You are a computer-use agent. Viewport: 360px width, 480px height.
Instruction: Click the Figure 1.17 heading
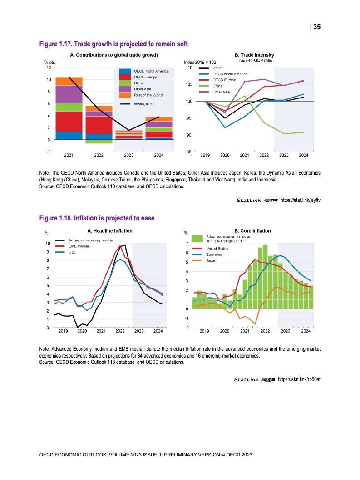pos(113,44)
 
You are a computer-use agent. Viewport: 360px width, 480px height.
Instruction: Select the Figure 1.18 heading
pos(97,218)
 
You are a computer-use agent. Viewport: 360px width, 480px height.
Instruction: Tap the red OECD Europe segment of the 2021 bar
pos(69,122)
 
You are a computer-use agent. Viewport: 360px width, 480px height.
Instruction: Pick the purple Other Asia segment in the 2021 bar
pos(69,94)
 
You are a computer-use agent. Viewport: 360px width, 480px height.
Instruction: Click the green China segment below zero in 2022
pos(99,142)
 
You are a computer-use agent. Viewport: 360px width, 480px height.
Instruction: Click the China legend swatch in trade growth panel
pos(125,83)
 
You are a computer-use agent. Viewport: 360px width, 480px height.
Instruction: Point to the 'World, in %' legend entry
pos(137,104)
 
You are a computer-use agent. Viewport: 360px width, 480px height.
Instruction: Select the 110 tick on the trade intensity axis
pos(189,68)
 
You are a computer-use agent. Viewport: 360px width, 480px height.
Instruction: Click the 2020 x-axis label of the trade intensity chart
pos(225,155)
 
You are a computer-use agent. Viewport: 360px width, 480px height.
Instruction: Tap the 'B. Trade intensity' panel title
pos(254,55)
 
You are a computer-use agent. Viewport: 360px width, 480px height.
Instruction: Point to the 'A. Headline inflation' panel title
pos(110,231)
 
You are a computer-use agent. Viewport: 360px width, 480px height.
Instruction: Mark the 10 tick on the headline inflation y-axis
pos(48,244)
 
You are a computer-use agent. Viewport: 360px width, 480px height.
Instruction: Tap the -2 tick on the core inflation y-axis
pos(187,328)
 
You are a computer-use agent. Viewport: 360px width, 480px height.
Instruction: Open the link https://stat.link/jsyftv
pos(300,200)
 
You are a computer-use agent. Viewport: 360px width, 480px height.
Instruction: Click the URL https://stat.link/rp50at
pos(299,379)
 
